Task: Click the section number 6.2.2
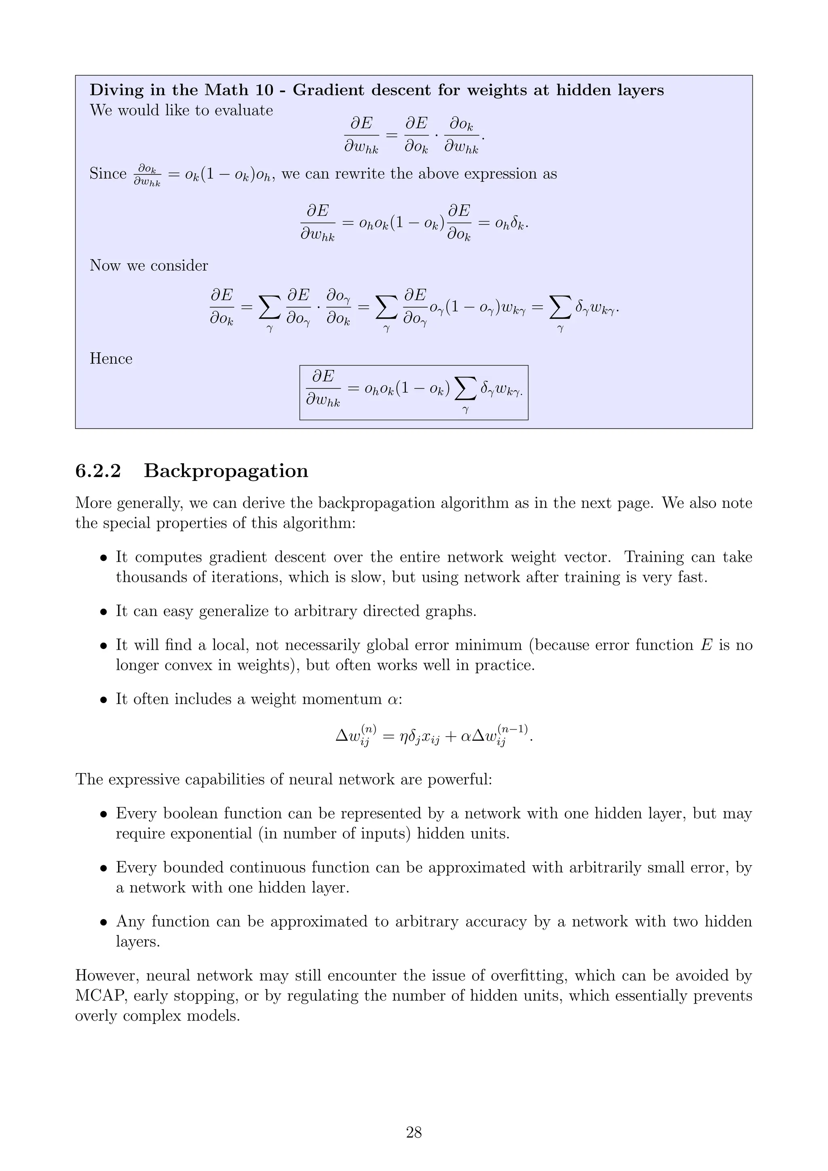point(98,471)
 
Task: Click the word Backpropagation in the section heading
point(226,471)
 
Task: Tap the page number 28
point(414,1133)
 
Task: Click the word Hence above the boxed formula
point(111,359)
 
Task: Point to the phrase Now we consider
point(149,266)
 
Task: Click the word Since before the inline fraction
point(108,174)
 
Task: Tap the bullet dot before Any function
point(103,922)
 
